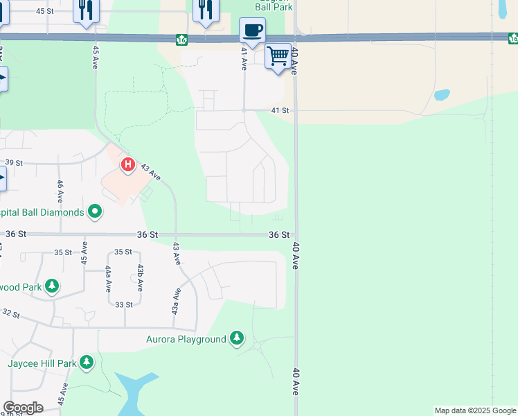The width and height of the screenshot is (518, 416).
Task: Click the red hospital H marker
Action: point(128,165)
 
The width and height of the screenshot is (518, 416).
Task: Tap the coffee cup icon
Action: point(252,31)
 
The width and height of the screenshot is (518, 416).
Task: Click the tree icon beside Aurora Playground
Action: point(238,338)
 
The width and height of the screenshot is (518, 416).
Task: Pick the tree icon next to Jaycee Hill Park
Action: point(87,362)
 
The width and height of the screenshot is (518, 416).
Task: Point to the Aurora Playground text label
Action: point(186,339)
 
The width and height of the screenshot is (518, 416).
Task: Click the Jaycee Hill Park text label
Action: point(42,363)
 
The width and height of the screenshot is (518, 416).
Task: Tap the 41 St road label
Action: point(280,110)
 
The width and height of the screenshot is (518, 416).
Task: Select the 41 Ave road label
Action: point(244,58)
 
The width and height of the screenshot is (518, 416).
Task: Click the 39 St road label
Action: point(15,162)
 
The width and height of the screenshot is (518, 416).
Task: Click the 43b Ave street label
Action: point(140,277)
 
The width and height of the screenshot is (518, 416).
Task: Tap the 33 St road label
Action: point(124,304)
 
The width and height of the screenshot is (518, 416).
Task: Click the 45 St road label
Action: point(44,11)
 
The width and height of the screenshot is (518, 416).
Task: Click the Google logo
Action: point(23,408)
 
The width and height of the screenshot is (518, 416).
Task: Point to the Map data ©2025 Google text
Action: point(475,410)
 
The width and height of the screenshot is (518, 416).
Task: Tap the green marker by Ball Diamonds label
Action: point(96,211)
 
